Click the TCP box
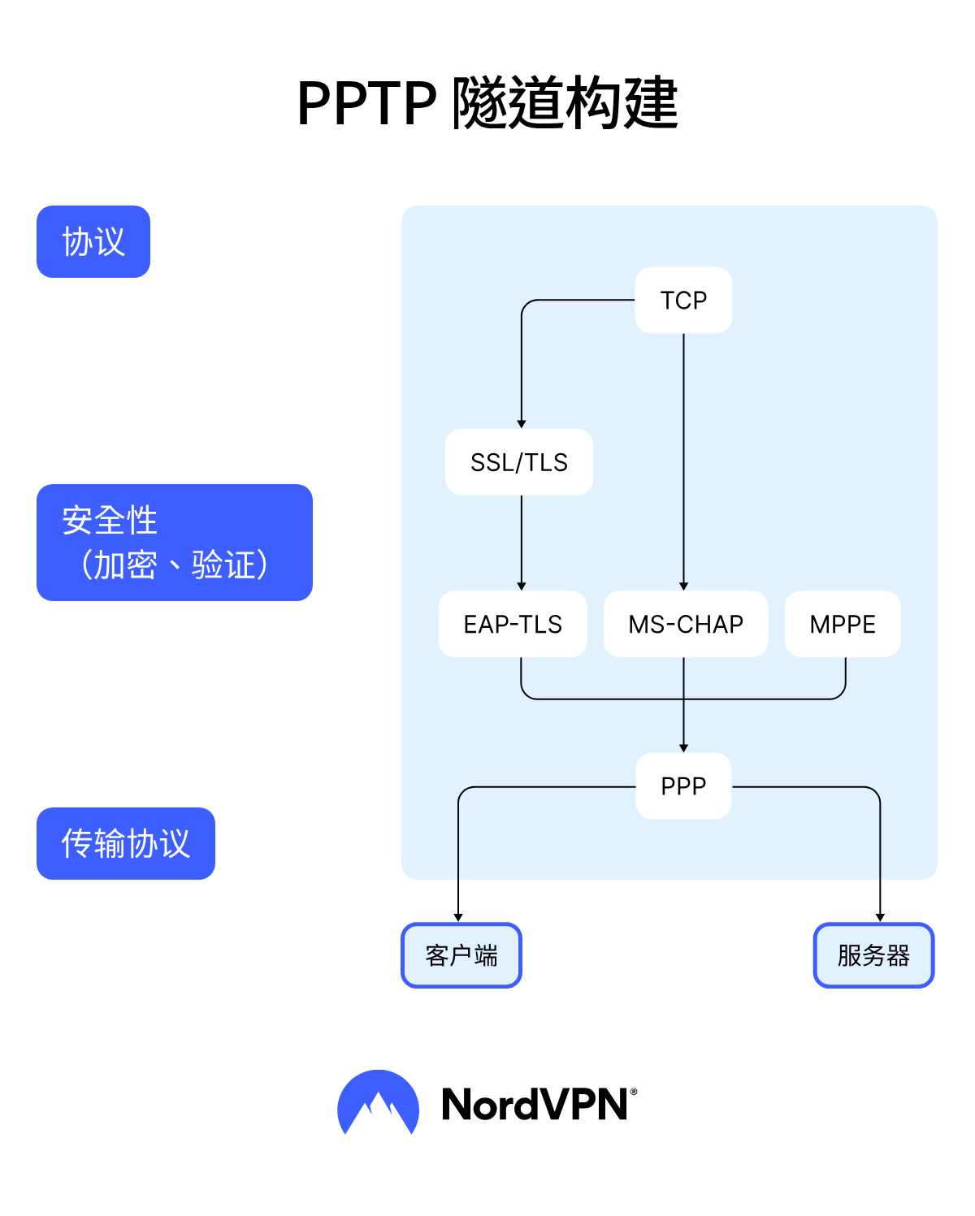683,300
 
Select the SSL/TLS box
519,462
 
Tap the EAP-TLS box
513,624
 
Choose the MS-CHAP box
686,624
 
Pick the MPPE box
843,624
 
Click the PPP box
683,785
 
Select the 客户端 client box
461,955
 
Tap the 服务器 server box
873,955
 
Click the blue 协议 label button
93,242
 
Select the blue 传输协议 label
126,843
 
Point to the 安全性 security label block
175,543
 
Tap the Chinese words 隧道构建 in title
565,104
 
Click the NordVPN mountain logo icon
378,1103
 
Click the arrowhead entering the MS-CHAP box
683,586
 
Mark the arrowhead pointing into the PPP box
683,747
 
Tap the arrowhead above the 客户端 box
458,917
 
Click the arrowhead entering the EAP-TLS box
522,586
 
